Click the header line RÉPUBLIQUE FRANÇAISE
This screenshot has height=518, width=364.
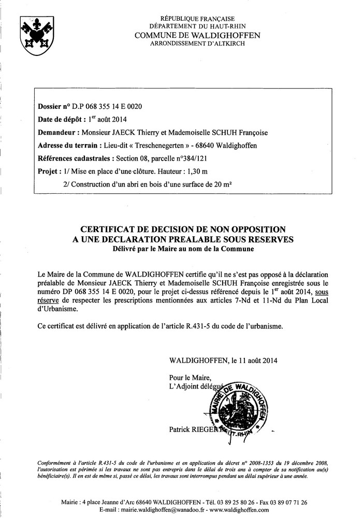click(x=197, y=18)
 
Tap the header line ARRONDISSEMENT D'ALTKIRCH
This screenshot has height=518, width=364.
click(x=197, y=44)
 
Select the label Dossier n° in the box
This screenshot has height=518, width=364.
click(x=54, y=107)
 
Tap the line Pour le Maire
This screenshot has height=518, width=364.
click(x=190, y=378)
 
